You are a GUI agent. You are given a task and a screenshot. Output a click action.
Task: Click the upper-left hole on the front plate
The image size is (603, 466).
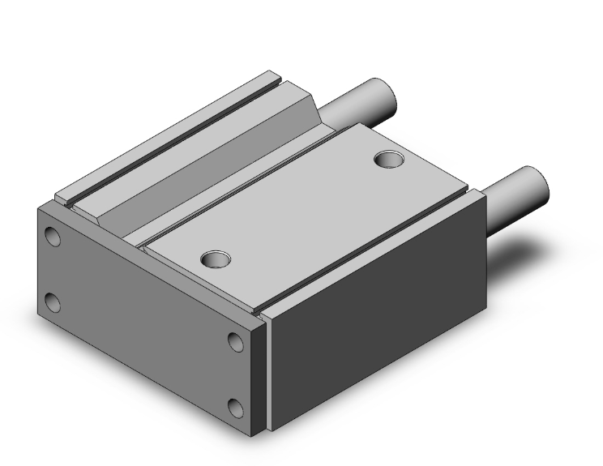[x=53, y=237]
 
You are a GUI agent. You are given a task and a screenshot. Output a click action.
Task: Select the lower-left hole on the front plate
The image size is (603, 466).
[x=53, y=303]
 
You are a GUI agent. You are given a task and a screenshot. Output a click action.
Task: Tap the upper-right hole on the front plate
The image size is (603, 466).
[x=236, y=341]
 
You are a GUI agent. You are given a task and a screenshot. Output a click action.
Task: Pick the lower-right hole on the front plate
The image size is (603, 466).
[x=236, y=407]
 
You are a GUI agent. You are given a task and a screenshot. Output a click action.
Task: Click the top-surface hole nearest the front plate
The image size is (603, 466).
[x=216, y=259]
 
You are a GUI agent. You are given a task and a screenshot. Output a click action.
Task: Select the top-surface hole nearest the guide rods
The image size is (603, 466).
[x=389, y=159]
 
